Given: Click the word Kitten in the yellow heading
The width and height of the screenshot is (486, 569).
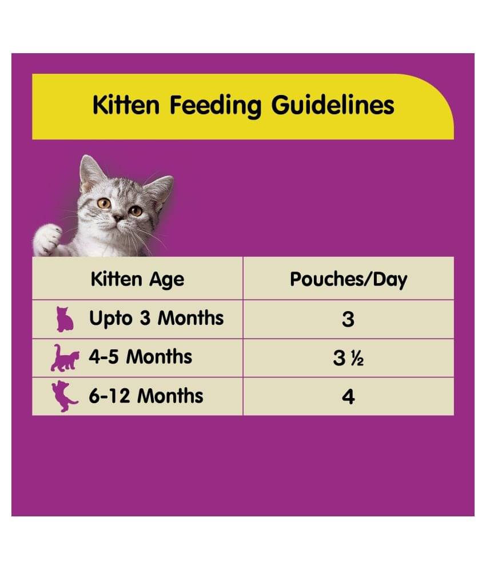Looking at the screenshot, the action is [126, 105].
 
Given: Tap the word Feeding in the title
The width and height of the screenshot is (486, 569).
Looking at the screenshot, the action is [216, 106].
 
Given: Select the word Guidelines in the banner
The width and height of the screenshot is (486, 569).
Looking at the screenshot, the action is [333, 106].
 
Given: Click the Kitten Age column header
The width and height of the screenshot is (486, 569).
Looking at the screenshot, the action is [138, 280].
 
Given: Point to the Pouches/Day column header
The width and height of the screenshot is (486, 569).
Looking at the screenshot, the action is [348, 280].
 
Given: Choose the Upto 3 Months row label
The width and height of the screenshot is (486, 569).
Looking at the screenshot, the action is [157, 319].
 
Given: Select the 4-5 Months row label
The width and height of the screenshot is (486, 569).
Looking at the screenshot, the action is [141, 357].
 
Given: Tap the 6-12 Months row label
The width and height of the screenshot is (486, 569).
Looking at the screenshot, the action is [146, 396].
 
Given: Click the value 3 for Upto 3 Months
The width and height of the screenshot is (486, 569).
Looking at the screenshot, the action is [348, 319].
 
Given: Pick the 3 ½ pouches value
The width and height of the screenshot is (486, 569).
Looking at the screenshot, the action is [348, 358].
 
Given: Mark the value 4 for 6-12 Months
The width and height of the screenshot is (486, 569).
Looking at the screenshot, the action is [348, 397].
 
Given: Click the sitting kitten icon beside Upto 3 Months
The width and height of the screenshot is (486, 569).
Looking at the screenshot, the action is [65, 319].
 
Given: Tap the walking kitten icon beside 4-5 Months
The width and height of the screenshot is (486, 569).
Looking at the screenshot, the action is [65, 358].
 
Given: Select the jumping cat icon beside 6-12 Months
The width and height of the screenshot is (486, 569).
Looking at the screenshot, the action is [64, 396].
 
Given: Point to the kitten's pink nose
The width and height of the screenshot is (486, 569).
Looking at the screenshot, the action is [118, 218].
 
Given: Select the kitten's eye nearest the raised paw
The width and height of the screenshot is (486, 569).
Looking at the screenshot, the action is [104, 203].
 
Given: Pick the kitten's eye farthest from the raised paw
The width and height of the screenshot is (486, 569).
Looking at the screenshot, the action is [136, 211].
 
